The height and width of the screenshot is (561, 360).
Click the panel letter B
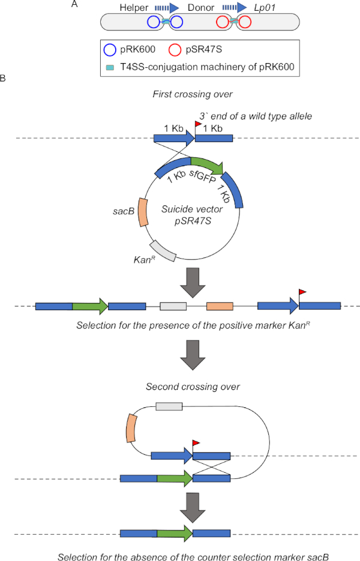click(x=4, y=78)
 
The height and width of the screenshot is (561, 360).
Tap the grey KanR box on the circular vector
click(x=163, y=250)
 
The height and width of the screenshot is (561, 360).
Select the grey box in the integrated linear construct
click(x=173, y=307)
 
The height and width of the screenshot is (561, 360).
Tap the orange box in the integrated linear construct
click(x=220, y=307)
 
